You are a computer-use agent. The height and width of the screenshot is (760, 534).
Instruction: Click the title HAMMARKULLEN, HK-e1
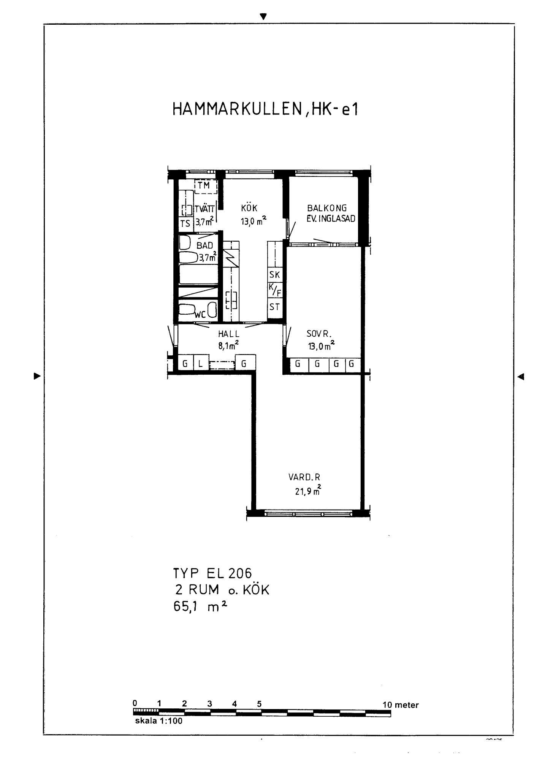(x=265, y=109)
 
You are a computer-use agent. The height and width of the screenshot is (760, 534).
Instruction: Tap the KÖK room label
(x=249, y=208)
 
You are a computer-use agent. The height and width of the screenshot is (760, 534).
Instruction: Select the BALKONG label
(x=327, y=208)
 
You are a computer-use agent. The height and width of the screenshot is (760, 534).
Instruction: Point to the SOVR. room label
(x=319, y=334)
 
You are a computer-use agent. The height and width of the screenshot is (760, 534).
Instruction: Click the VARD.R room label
(x=304, y=477)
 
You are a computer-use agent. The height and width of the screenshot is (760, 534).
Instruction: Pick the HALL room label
(x=229, y=334)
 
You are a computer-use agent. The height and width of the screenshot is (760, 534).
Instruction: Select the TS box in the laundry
(x=185, y=224)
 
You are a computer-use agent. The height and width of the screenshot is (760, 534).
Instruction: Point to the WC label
(x=200, y=314)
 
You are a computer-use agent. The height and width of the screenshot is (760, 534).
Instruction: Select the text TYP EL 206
(x=212, y=573)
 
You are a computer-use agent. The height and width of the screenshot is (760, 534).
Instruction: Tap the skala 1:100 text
(x=158, y=721)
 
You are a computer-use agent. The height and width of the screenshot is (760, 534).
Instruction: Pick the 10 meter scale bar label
(x=401, y=705)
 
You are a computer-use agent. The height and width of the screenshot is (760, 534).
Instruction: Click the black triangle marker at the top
(x=263, y=16)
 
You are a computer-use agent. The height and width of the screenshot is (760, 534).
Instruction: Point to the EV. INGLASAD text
(x=331, y=218)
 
